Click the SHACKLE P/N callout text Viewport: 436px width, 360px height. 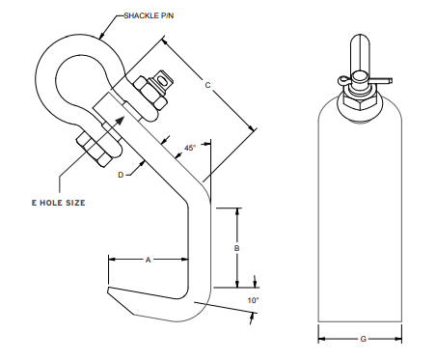pos(149,15)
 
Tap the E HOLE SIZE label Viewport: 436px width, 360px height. pos(59,203)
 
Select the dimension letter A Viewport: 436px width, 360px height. pos(148,260)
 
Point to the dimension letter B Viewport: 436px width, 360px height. pos(237,248)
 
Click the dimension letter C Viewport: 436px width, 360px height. pos(207,85)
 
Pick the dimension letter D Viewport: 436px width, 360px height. pos(121,175)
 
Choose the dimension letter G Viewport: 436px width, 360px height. pos(364,339)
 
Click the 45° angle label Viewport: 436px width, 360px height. pos(190,148)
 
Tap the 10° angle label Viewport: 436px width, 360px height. pos(253,300)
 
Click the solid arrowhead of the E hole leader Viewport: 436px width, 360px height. pos(120,121)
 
